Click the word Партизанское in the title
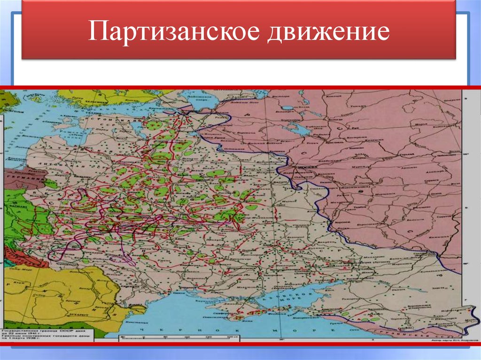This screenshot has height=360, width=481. click(x=174, y=32)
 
